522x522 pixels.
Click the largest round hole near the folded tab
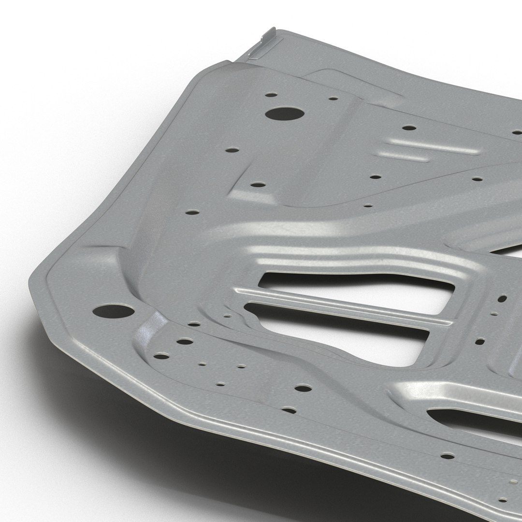(x=285, y=115)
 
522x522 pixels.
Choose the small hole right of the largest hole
(x=333, y=99)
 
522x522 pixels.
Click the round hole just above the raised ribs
(x=409, y=128)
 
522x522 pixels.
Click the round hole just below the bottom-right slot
(x=448, y=455)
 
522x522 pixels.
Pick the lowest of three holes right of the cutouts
(x=479, y=341)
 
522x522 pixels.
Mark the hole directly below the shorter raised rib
(x=375, y=177)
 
